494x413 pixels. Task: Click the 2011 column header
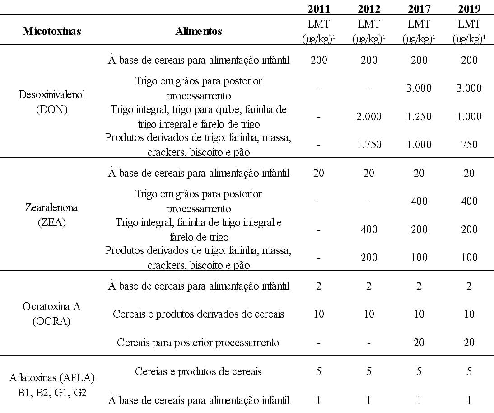(319, 8)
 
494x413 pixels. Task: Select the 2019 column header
(469, 8)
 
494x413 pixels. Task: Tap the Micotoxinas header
(52, 31)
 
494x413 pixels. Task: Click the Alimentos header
(199, 31)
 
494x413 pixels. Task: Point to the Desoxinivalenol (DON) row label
(52, 102)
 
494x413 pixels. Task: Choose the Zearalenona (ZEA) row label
(52, 215)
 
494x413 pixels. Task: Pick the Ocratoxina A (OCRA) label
(52, 314)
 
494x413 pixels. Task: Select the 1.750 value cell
(369, 145)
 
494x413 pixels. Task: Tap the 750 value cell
(469, 145)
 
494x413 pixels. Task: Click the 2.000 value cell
(369, 117)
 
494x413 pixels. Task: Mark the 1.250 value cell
(419, 117)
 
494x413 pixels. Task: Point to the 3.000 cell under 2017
(419, 88)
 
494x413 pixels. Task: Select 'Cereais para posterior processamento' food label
(198, 343)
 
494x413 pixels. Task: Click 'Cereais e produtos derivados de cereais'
(199, 314)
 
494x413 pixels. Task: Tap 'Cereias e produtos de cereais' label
(198, 371)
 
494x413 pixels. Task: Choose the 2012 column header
(369, 8)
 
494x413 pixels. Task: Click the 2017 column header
(419, 8)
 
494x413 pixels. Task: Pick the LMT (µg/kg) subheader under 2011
(319, 31)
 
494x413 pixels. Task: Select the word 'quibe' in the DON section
(232, 110)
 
